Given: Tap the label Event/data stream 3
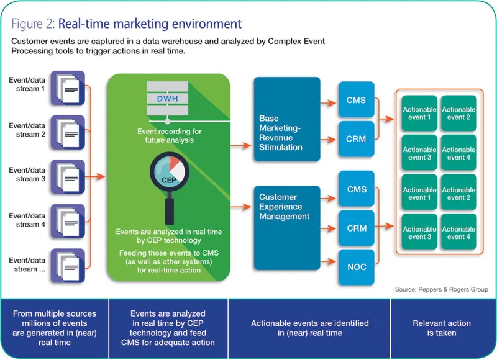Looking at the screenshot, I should point(27,174).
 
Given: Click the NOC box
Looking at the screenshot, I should point(357,267).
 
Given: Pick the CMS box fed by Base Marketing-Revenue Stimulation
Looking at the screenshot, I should point(357,100).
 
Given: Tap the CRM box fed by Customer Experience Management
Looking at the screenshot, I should point(357,228).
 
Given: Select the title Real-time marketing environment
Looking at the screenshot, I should point(150,24).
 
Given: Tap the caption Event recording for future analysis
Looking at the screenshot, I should point(166,136).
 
